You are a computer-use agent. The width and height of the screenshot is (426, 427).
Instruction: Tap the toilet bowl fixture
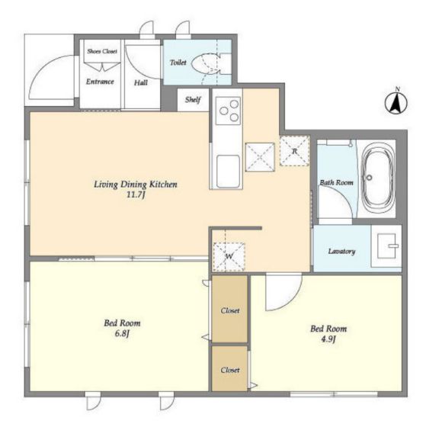coord(206,64)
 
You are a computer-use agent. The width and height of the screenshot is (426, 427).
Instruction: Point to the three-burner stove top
coord(228,111)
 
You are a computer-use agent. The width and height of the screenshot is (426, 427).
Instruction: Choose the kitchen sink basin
coord(229,172)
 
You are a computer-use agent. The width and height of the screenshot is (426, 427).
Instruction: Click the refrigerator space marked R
coord(294,151)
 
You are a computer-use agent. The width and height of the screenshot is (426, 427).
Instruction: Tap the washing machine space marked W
coord(229,256)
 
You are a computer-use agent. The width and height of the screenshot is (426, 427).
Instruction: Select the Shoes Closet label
coord(102,51)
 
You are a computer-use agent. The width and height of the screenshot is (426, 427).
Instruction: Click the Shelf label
coord(193,100)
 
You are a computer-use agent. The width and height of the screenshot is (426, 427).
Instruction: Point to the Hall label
coord(141,82)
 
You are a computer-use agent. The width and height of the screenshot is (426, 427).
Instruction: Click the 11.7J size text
coord(136,195)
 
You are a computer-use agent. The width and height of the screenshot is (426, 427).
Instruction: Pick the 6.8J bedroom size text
coord(122,333)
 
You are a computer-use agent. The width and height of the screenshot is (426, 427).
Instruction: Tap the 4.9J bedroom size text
coord(328,339)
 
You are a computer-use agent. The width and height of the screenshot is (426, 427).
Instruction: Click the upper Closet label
coord(230,311)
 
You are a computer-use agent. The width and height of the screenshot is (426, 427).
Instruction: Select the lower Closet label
coord(230,370)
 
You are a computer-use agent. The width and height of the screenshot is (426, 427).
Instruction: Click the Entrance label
coord(100,82)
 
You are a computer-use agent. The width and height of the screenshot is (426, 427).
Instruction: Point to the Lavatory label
coord(341,252)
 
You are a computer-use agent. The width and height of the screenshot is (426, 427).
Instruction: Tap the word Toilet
coord(178,63)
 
